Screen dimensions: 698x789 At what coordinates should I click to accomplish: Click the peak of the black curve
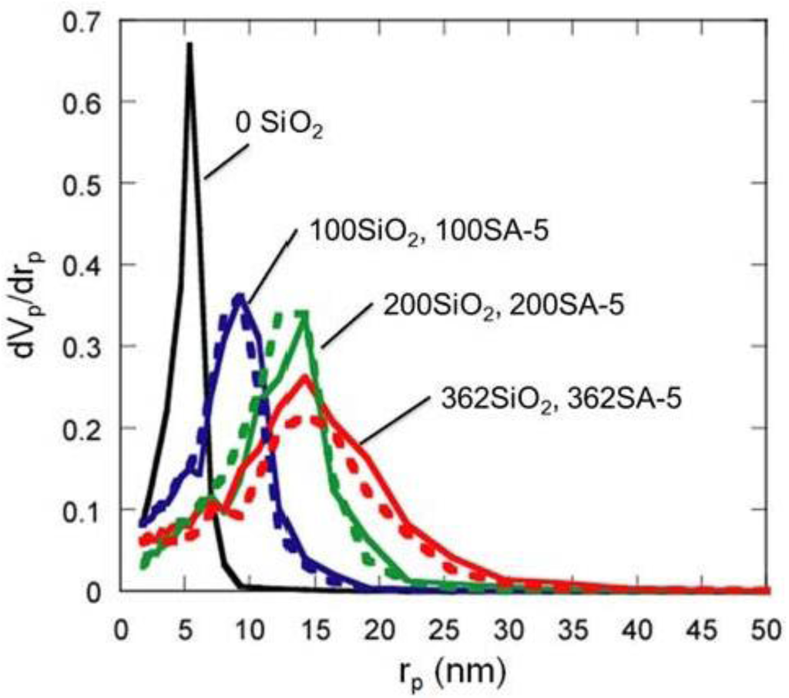coord(189,45)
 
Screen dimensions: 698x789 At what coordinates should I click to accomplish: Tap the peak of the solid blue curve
coord(240,297)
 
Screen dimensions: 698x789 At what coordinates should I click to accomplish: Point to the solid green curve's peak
coord(305,313)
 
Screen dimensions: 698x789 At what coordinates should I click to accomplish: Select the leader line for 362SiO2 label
coord(392,421)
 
